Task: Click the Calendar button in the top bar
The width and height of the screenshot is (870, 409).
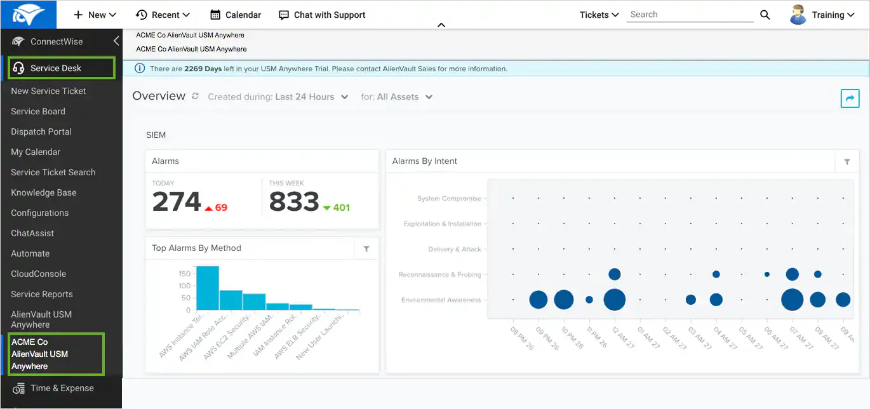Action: click(236, 15)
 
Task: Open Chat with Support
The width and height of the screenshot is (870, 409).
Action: click(323, 15)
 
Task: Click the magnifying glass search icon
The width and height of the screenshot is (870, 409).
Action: click(765, 15)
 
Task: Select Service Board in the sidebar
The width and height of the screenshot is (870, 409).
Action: click(38, 111)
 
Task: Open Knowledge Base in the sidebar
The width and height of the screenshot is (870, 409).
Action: click(43, 192)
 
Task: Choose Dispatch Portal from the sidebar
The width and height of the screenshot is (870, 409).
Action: click(41, 131)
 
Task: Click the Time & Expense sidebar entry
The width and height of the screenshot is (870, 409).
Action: click(62, 388)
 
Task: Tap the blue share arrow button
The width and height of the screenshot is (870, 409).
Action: click(850, 98)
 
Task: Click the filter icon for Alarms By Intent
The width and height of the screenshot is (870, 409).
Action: click(847, 162)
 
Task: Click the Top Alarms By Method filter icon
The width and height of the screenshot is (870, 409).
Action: click(366, 249)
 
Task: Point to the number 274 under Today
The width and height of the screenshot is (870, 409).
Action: click(177, 202)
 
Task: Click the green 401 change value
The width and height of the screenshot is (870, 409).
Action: click(342, 208)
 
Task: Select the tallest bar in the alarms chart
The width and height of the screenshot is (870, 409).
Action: click(208, 288)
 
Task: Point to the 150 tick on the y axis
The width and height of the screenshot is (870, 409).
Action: click(184, 274)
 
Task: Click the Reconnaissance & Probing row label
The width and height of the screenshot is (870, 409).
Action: click(439, 274)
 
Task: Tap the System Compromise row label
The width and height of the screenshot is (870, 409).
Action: click(449, 198)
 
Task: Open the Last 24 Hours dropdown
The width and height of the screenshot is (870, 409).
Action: click(311, 97)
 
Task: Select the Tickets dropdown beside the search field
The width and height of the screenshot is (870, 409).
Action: click(599, 15)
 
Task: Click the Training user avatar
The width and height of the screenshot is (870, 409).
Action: click(798, 15)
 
